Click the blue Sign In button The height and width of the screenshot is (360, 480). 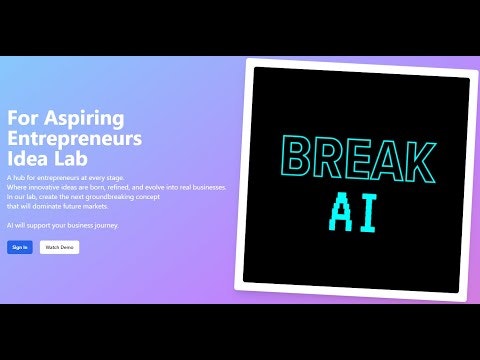point(20,247)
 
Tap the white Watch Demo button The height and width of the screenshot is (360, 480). point(59,247)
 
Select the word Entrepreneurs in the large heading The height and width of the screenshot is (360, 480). point(74,138)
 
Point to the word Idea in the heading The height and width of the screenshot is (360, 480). point(27,159)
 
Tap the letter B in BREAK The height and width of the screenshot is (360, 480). point(297,159)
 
